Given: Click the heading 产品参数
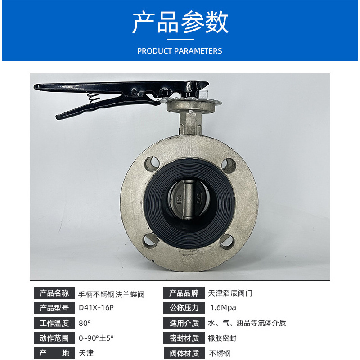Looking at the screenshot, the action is (x=180, y=22).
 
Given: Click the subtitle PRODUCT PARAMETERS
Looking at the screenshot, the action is (x=180, y=51).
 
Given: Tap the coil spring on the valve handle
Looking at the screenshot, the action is (x=94, y=98).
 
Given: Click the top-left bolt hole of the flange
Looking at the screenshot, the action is (x=152, y=163).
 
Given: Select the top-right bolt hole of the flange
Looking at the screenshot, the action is (x=229, y=165).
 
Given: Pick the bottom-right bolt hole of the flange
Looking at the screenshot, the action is (x=227, y=242).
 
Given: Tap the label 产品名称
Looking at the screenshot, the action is (x=54, y=293).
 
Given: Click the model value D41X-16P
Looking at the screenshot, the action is (x=96, y=308).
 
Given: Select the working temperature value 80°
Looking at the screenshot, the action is (x=85, y=323).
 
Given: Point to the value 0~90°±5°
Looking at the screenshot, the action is (x=96, y=338).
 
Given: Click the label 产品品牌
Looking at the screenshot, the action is (x=184, y=293).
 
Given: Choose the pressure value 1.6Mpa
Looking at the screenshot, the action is (x=223, y=308).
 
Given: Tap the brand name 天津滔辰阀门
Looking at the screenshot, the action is (x=230, y=293).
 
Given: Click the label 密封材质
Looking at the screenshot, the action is (x=184, y=338).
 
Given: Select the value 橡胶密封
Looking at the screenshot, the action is (x=222, y=338).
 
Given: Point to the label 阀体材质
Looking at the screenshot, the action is (x=184, y=353).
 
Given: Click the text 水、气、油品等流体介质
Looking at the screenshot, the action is (x=247, y=323).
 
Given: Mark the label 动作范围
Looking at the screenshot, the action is (x=54, y=338).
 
